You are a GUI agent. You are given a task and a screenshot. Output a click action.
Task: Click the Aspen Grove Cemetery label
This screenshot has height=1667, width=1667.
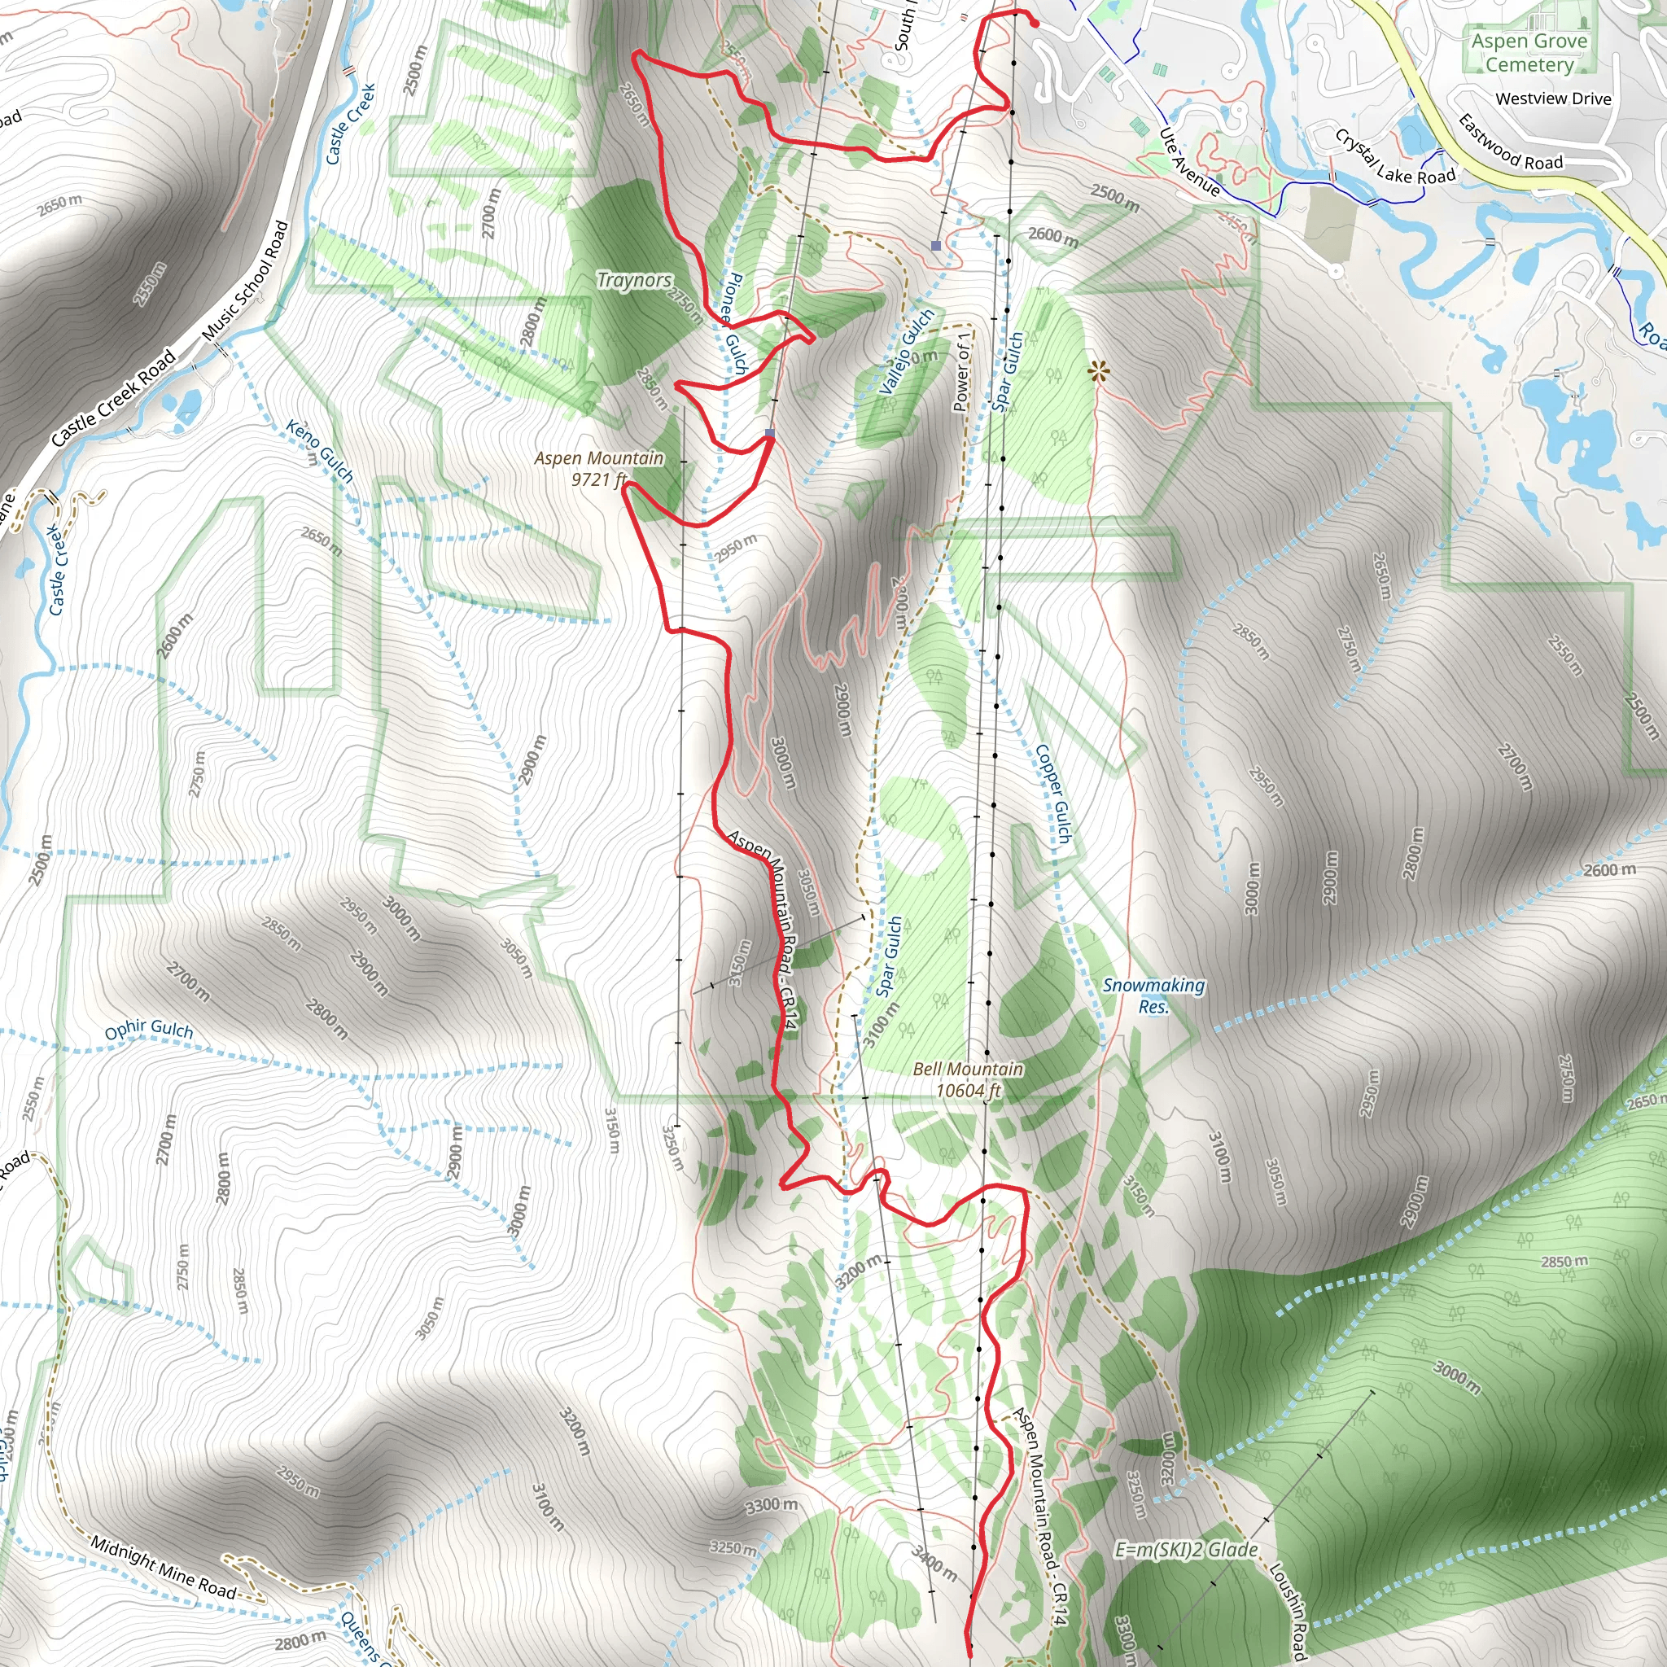coord(1529,53)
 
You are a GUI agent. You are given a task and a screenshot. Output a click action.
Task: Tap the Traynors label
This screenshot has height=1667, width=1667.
coord(634,281)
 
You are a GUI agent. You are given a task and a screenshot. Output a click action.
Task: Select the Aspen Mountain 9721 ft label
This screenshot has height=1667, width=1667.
coord(599,469)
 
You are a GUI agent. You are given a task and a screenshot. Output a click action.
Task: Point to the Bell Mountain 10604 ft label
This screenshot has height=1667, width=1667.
coord(968,1079)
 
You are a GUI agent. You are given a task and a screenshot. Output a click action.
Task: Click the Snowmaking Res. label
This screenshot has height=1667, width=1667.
coord(1153,995)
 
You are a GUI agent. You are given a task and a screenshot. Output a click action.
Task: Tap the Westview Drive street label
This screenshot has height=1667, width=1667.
coord(1553,99)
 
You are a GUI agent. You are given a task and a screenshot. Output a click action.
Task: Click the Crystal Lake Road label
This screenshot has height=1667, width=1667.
coord(1395,158)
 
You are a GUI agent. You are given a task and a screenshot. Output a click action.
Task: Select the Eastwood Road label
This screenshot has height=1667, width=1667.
coord(1510,142)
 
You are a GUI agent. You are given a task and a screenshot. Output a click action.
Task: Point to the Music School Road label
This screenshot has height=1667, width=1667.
coord(246,282)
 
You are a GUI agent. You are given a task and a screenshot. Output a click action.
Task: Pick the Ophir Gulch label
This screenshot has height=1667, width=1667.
coord(148,1029)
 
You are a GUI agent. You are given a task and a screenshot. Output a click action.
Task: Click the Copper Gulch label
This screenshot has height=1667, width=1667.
coord(1053,794)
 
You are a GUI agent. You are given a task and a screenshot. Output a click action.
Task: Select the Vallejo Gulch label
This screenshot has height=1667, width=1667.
coord(906,351)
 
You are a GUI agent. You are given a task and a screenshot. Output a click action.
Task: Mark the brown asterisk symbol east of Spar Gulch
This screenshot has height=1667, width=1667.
coord(1097,372)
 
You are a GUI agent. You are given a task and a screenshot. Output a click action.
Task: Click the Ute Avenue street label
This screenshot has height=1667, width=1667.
coord(1189,162)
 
